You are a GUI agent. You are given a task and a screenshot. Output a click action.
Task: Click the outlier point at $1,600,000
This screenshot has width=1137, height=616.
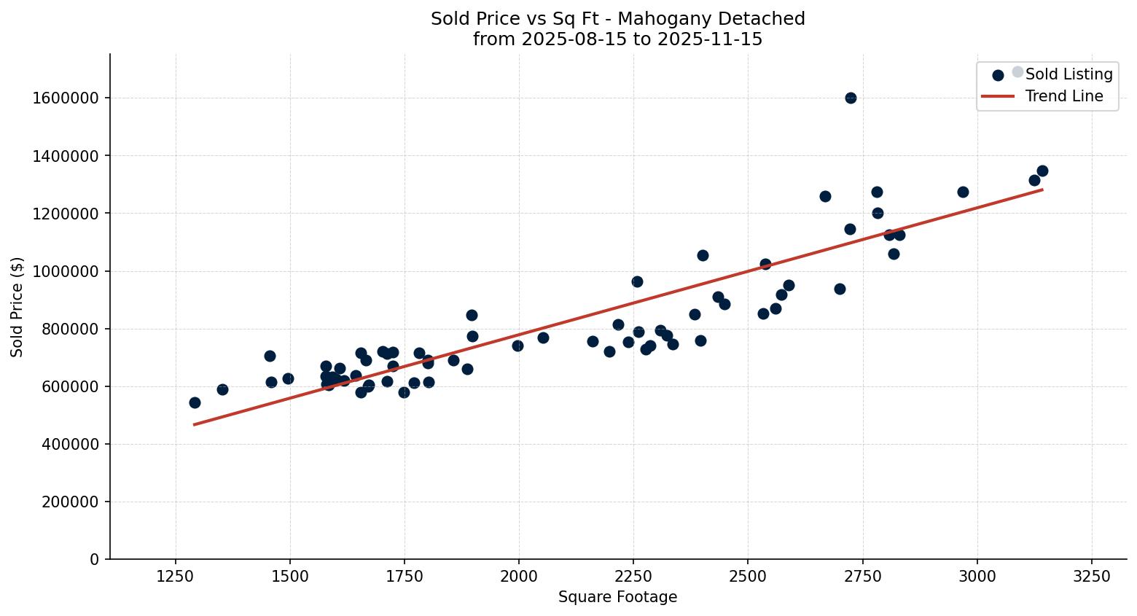[851, 98]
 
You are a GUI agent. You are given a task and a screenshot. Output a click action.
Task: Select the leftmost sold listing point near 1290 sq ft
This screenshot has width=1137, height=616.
[195, 402]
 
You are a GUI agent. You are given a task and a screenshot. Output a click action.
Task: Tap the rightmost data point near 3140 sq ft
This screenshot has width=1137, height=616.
[1042, 171]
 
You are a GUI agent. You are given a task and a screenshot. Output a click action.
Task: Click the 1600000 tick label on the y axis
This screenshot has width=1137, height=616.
[66, 98]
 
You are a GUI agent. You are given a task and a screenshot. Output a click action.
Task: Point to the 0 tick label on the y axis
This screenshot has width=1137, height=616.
[94, 560]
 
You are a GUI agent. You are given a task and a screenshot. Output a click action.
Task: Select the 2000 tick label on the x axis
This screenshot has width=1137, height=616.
[518, 577]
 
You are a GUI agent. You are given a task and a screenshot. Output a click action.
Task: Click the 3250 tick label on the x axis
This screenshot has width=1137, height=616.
[1091, 577]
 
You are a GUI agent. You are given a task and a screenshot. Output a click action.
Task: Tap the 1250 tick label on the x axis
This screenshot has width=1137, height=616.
[175, 577]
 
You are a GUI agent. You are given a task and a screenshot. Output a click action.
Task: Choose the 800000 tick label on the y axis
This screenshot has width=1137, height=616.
[70, 329]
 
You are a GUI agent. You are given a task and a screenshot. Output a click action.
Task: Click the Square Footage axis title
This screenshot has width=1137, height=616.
[617, 598]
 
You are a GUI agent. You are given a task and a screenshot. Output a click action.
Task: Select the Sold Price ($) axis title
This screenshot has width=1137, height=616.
[17, 307]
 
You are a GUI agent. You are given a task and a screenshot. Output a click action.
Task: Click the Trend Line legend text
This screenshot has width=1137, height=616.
[1064, 96]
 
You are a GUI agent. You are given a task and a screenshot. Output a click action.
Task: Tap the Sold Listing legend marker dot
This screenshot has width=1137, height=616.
[998, 75]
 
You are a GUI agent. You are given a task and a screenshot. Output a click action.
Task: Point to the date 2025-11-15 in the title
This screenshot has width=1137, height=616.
[710, 39]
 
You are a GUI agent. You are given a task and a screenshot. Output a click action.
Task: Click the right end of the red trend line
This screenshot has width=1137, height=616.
[1042, 190]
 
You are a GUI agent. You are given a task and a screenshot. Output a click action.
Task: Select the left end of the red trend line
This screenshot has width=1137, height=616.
[195, 424]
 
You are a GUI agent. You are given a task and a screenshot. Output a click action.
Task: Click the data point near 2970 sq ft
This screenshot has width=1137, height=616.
[963, 192]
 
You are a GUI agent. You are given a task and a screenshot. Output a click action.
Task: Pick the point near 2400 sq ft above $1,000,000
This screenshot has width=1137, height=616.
[703, 255]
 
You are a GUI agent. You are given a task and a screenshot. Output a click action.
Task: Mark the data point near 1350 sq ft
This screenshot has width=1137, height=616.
[222, 389]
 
